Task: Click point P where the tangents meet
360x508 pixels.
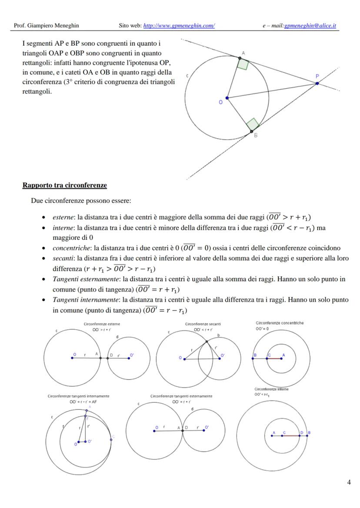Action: (x=317, y=83)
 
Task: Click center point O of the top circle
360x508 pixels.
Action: (x=227, y=98)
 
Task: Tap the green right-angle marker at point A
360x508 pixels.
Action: (x=243, y=64)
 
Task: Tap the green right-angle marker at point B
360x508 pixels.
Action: (x=253, y=124)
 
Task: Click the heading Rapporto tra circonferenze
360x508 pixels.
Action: (x=64, y=186)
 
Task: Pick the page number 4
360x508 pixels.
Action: (x=349, y=481)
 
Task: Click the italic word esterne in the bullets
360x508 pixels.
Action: (x=62, y=217)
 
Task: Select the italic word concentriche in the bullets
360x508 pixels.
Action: (x=69, y=248)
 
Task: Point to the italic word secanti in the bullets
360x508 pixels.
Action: (x=62, y=259)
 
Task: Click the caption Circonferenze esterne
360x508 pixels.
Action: (x=102, y=324)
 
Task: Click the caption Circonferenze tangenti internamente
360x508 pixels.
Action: (x=79, y=396)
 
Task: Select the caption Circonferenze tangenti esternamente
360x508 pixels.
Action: (x=181, y=396)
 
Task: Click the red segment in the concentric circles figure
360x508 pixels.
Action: (x=275, y=358)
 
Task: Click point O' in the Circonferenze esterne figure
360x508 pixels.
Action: (x=130, y=358)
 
